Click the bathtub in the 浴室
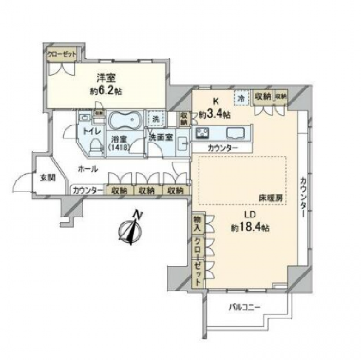[124, 121]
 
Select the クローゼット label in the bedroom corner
[62, 55]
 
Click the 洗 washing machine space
[155, 120]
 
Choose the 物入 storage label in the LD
[197, 225]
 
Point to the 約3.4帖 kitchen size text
[215, 115]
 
